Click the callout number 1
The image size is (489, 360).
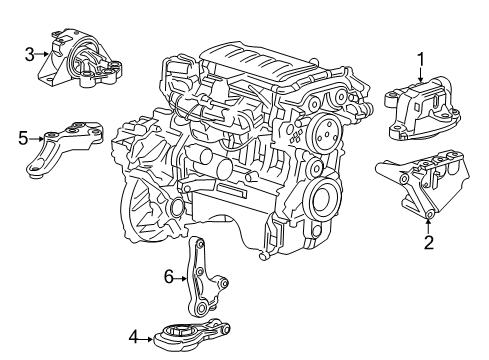click(421, 58)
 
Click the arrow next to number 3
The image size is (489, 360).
click(43, 55)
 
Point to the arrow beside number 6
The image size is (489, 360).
click(182, 277)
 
